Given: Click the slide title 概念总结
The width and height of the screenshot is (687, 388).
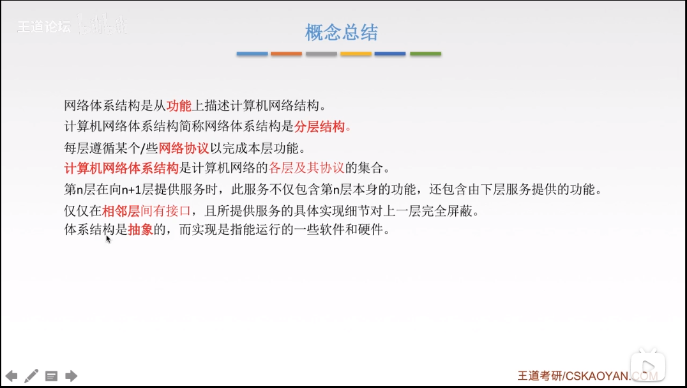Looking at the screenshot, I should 342,33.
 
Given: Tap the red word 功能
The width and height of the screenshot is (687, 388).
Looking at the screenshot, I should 179,105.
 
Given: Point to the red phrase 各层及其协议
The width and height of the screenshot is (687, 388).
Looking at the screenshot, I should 306,169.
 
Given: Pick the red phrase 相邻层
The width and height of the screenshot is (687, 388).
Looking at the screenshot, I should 121,210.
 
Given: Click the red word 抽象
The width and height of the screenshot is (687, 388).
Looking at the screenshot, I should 140,229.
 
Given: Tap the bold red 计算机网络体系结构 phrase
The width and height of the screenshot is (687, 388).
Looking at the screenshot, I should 121,169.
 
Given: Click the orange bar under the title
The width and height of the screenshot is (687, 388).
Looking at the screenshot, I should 286,54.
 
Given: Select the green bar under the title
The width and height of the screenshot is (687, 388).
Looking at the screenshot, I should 425,54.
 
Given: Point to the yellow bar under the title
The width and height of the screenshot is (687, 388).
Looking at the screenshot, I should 356,54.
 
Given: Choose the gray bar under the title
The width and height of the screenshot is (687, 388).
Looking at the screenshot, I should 321,54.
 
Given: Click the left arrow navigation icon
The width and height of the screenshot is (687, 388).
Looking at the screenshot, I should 11,376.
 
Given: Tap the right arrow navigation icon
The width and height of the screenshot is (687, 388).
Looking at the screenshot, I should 72,376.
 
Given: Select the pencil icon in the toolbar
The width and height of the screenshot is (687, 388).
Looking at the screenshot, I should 31,376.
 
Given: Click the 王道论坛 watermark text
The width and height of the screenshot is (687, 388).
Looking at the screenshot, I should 43,27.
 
